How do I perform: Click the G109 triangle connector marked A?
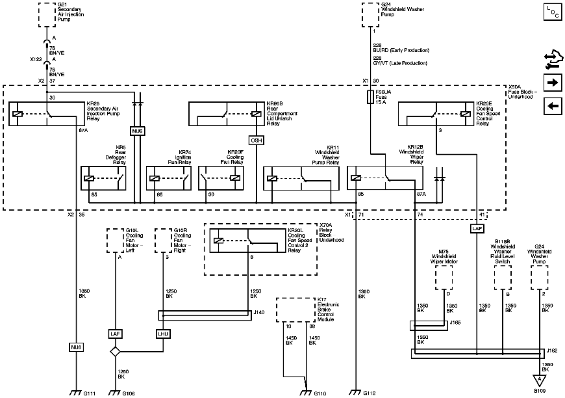click(x=538, y=379)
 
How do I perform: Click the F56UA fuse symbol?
click(x=370, y=97)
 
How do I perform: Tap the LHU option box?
click(x=163, y=334)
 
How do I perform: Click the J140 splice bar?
click(x=204, y=315)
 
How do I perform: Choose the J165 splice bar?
click(x=429, y=325)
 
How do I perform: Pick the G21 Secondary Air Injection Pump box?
click(x=47, y=14)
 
